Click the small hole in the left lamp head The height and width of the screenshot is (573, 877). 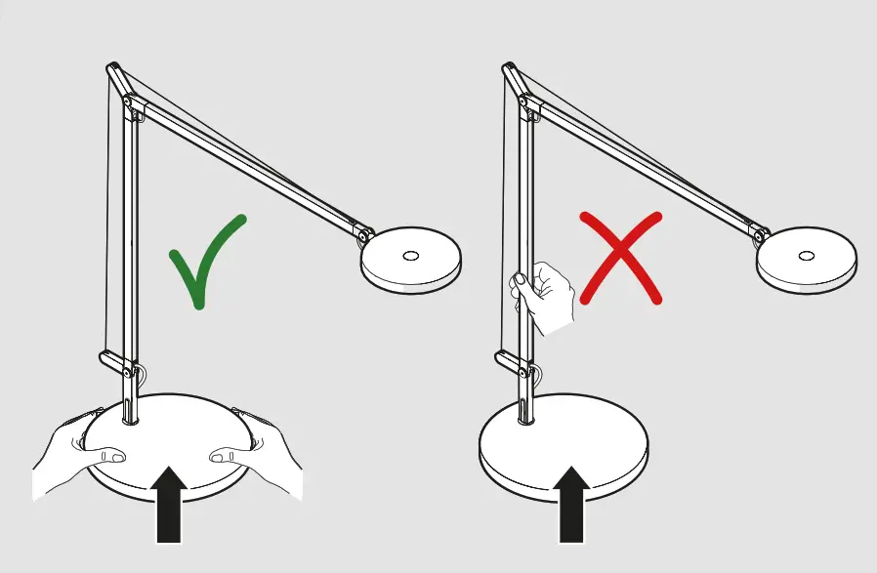pyautogui.click(x=410, y=255)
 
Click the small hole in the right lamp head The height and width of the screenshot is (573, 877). pyautogui.click(x=806, y=255)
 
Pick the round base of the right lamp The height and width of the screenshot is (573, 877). pyautogui.click(x=566, y=444)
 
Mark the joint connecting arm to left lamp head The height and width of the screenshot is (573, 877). pyautogui.click(x=363, y=235)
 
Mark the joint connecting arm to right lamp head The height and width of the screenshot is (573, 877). pyautogui.click(x=760, y=235)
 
